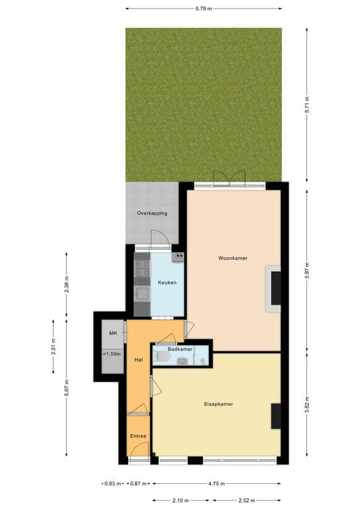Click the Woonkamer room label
[233, 258]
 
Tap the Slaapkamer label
[218, 404]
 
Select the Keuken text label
[167, 282]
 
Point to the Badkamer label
[180, 349]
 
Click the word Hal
[139, 359]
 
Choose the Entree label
[138, 436]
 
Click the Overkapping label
[152, 213]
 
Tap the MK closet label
[113, 333]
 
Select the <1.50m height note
[111, 355]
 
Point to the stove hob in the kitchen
[143, 268]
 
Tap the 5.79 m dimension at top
[204, 9]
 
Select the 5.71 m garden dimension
[307, 104]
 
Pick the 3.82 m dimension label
[307, 404]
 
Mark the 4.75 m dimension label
[216, 483]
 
